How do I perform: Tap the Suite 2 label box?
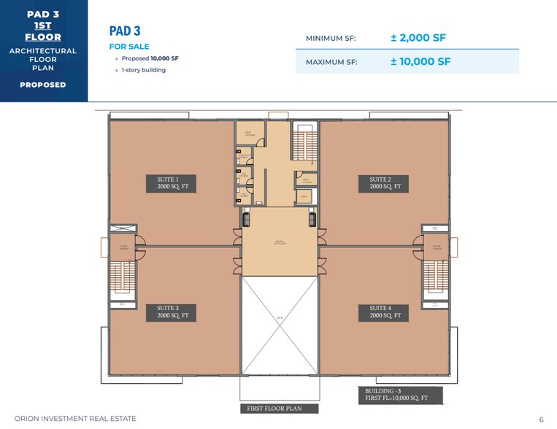pos(385,183)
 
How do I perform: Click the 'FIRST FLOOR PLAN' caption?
pos(274,409)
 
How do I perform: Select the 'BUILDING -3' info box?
pos(400,395)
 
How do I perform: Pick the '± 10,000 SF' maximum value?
pos(420,61)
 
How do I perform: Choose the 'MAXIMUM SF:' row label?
pos(331,62)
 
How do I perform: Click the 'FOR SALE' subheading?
pos(127,46)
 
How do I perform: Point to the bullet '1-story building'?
pos(143,70)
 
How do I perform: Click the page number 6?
pos(542,420)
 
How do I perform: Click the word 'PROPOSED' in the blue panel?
pos(42,85)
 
